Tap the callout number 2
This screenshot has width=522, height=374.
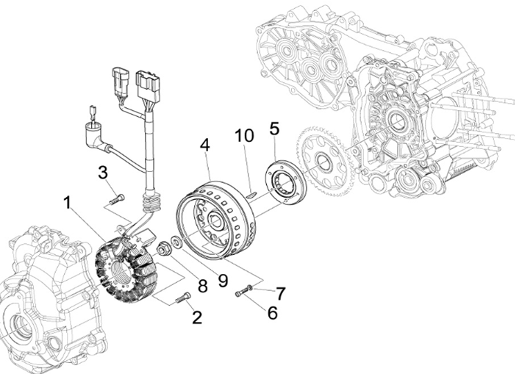pos(196,317)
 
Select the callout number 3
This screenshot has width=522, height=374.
pos(104,173)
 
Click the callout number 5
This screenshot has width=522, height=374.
pos(273,129)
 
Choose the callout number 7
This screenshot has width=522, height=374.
pos(280,292)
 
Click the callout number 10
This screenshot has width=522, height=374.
pos(243,137)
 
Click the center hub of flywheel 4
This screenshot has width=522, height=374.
pos(215,220)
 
